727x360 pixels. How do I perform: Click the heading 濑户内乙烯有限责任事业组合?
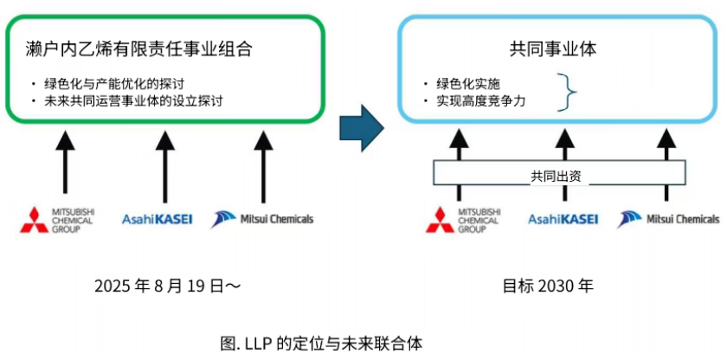pos(139,49)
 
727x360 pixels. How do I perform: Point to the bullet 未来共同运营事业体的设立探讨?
pos(135,101)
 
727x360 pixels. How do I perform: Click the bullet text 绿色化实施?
pos(468,84)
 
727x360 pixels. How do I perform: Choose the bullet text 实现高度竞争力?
pos(481,101)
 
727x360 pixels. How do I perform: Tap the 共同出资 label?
pos(556,176)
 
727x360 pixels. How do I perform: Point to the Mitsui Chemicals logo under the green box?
pos(262,219)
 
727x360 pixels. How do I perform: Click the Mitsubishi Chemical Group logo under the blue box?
pos(464,220)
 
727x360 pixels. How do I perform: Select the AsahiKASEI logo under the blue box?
pos(563,219)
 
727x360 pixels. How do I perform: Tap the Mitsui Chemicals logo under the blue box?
pos(668,219)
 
